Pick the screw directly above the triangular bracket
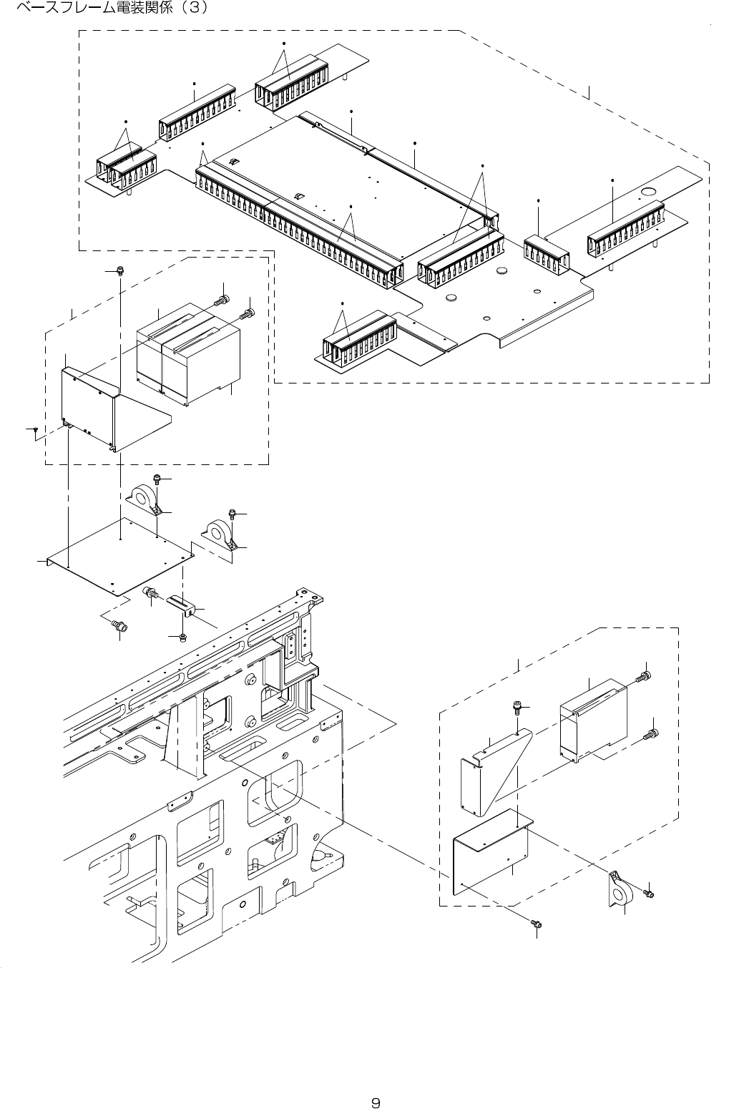click(x=516, y=708)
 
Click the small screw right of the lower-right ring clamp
click(x=649, y=894)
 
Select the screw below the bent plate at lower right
click(x=535, y=924)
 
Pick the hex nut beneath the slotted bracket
click(x=182, y=637)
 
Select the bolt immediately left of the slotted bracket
click(x=152, y=592)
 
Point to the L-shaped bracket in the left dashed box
click(x=100, y=408)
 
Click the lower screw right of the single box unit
click(x=651, y=733)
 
